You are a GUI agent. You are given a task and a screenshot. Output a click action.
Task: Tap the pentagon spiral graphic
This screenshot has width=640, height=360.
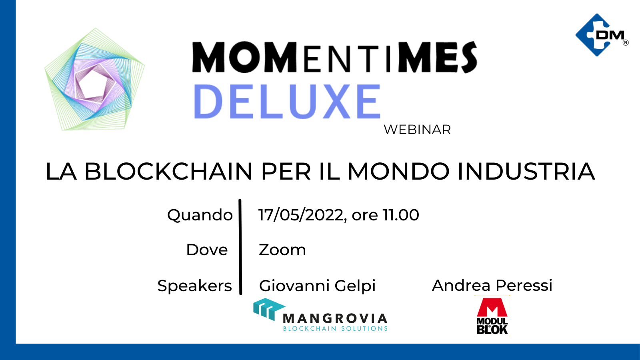point(94,79)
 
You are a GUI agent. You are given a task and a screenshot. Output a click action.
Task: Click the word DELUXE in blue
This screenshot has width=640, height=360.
point(287,102)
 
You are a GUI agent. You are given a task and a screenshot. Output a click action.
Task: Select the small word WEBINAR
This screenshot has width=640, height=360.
point(417,130)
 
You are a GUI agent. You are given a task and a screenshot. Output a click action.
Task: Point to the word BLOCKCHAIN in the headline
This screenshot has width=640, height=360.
point(168,172)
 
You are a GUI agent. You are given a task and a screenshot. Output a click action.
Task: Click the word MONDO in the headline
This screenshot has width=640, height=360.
point(398,172)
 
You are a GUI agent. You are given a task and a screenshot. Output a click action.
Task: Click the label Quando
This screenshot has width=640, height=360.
point(200,215)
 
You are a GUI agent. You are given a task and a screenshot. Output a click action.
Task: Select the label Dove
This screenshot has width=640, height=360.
point(207,250)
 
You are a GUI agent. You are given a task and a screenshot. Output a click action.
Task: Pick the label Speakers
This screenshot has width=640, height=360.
point(194,286)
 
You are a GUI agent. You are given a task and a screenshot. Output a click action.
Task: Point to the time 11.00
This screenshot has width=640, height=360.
point(401,215)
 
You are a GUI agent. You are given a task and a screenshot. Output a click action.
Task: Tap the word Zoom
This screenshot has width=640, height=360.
point(282,250)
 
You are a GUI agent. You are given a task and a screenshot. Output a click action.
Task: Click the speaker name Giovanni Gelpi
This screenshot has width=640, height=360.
point(317,286)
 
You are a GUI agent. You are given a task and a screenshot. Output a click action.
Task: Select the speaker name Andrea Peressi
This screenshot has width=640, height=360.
point(492,285)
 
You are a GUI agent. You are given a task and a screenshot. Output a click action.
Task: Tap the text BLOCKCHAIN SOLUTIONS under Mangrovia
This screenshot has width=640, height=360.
point(335,328)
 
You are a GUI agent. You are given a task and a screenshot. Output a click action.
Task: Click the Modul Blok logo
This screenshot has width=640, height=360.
point(492,316)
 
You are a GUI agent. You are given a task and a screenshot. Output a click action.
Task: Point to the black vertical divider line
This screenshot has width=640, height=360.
point(240,247)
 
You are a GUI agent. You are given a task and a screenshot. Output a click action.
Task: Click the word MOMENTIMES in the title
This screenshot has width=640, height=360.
point(334,57)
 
